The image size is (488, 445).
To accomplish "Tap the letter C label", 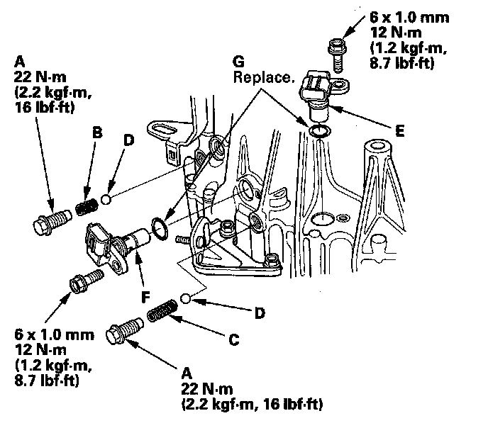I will (233, 339).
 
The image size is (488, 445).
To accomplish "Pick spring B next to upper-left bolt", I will (87, 208).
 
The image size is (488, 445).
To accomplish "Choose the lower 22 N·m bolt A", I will (123, 332).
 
